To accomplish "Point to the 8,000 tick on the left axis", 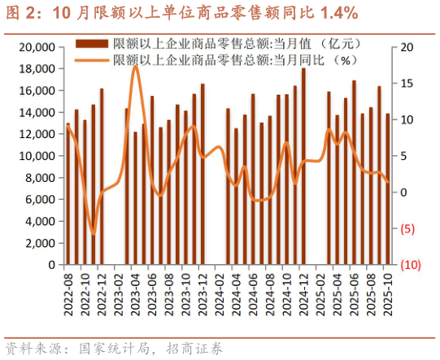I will (41, 178).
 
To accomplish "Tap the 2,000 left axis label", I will (41, 243).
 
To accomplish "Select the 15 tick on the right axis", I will (407, 84).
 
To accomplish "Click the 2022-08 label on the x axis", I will (68, 292).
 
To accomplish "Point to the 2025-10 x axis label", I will (387, 292).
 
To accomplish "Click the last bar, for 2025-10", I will (387, 189).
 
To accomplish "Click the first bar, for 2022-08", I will (68, 193).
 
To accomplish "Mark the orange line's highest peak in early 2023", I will (135, 66).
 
